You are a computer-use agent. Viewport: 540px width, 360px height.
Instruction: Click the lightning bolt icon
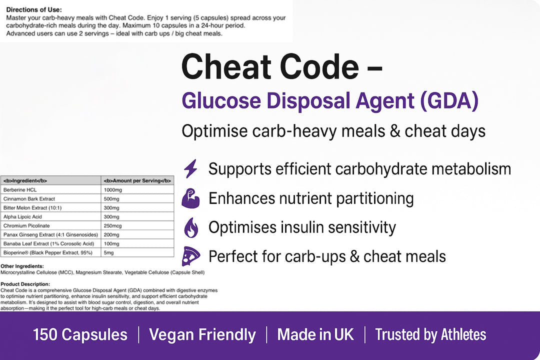(190, 168)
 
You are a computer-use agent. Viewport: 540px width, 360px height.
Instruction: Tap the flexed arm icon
(190, 198)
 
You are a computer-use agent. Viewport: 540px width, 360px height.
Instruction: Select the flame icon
(191, 227)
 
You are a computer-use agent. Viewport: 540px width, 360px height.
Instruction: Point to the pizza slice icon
(191, 256)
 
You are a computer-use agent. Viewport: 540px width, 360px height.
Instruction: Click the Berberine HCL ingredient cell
(51, 190)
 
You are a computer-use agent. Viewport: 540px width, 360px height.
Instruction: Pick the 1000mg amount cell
(137, 190)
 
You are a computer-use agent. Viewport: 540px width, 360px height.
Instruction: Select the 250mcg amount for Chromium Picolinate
(137, 225)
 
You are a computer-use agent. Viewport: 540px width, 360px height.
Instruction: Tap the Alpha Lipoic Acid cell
(51, 216)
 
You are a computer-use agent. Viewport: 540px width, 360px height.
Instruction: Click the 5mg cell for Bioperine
(137, 252)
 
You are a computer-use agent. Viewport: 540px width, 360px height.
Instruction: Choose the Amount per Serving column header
(137, 180)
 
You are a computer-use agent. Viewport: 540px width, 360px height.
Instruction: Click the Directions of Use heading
(34, 9)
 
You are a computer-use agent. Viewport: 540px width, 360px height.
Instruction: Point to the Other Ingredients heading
(22, 266)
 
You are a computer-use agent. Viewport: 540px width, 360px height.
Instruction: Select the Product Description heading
(25, 284)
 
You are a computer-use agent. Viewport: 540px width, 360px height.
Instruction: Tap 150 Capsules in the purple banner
(80, 334)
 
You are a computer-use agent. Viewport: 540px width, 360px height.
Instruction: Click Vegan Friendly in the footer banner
(202, 334)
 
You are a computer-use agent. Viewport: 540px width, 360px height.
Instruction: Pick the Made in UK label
(315, 334)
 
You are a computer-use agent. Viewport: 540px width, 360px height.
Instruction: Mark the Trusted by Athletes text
(430, 334)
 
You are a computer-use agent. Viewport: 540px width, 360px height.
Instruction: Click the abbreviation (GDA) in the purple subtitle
(449, 101)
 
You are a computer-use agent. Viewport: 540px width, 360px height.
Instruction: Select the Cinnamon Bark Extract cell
(51, 199)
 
